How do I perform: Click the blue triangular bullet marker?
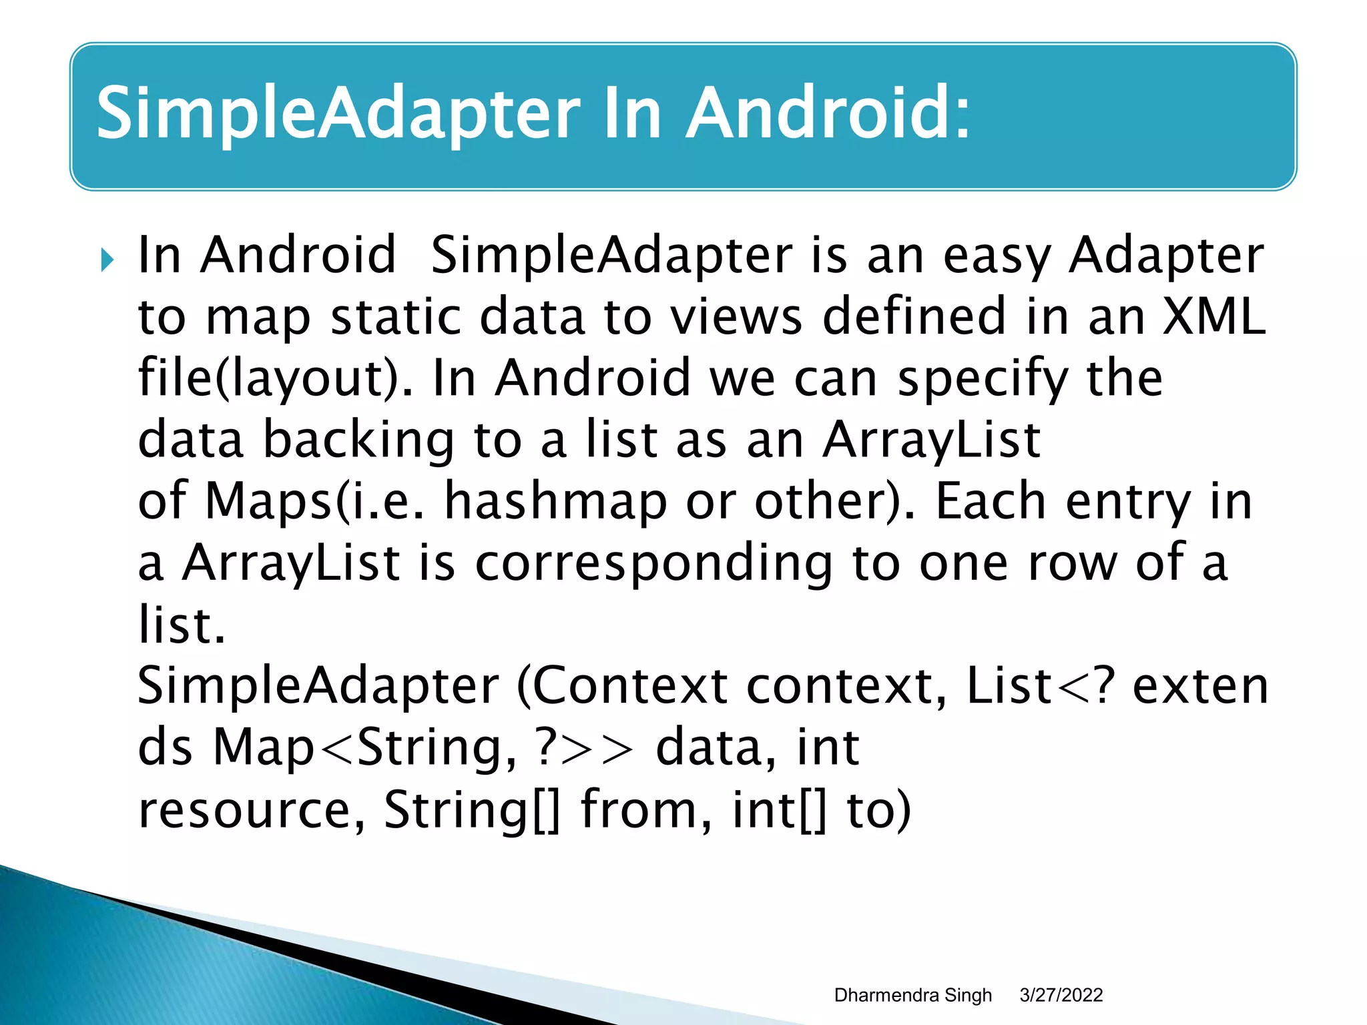point(107,260)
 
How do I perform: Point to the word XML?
point(1213,316)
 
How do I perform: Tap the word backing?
point(359,440)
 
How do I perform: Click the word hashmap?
point(555,501)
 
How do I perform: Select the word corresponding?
point(653,563)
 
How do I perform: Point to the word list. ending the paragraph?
point(182,625)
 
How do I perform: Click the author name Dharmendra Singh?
point(912,995)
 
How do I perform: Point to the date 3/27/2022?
point(1061,995)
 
